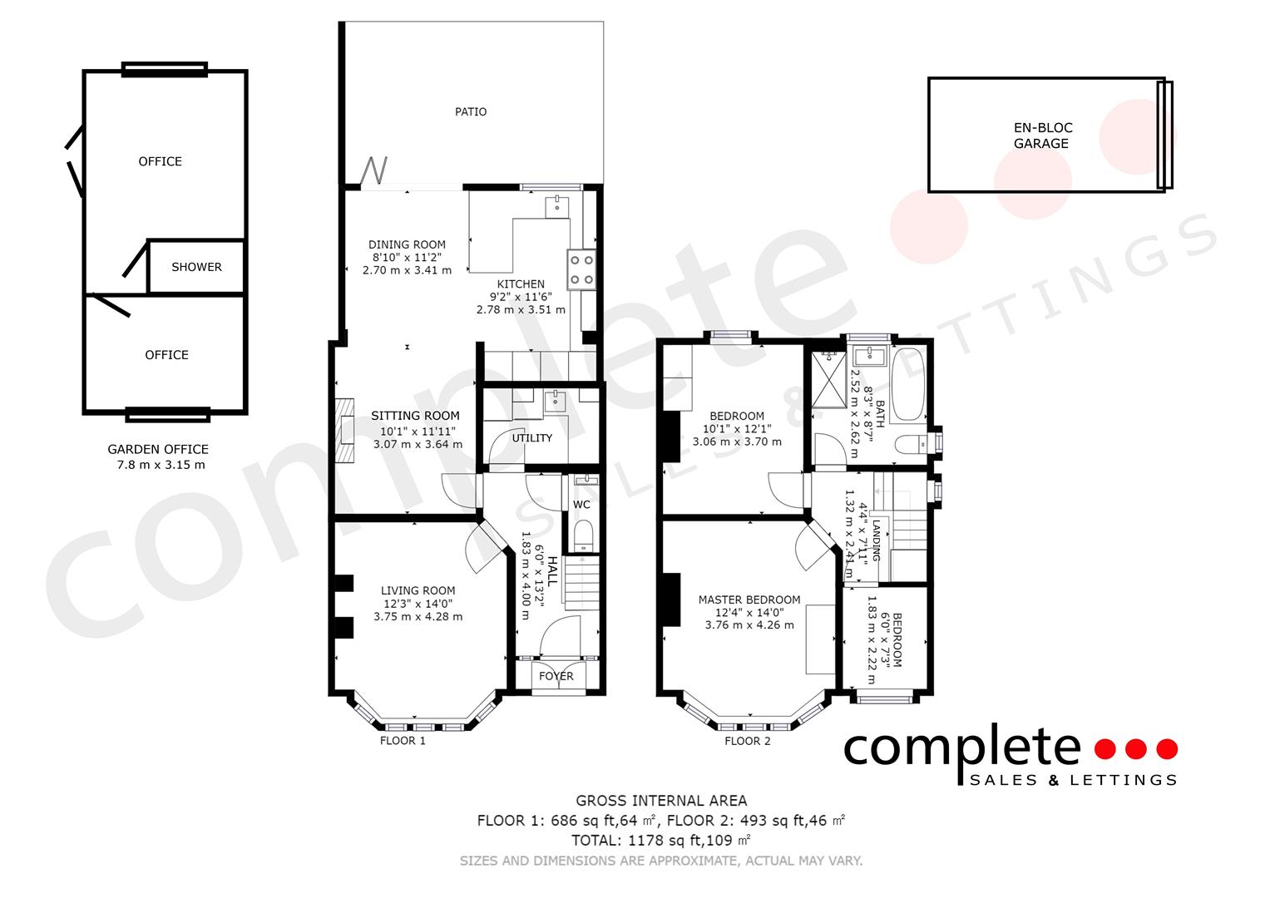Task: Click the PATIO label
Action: [x=471, y=111]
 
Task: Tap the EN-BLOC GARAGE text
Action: [x=1043, y=136]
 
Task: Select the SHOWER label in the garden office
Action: [x=197, y=267]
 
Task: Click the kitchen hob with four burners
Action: [x=581, y=270]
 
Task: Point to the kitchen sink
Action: [x=557, y=207]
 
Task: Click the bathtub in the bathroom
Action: [x=907, y=384]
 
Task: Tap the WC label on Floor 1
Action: [x=581, y=505]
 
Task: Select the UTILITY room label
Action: [x=531, y=438]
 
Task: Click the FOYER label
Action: [x=556, y=676]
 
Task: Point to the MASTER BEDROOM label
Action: [x=749, y=599]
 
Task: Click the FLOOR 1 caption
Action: [x=403, y=741]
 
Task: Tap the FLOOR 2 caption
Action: [x=748, y=741]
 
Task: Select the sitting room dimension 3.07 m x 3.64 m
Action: [x=418, y=445]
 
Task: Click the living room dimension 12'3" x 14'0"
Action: [x=418, y=604]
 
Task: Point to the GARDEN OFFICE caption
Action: [x=158, y=450]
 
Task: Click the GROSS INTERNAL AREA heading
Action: [x=662, y=801]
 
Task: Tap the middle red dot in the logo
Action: [x=1136, y=749]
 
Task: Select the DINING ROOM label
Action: [x=407, y=245]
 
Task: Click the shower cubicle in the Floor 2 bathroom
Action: [x=829, y=379]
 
